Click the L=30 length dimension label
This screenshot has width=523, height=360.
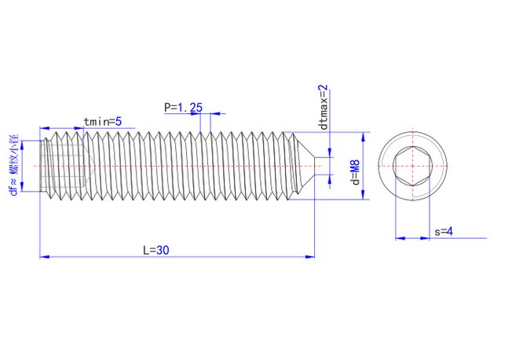[x=156, y=250]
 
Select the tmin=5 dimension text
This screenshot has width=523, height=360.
[x=102, y=121]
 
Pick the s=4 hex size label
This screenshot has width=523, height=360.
[x=443, y=231]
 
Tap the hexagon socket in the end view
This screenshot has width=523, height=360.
[x=411, y=166]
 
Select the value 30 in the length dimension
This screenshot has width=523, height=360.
[x=163, y=250]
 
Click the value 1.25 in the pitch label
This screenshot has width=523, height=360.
[x=190, y=107]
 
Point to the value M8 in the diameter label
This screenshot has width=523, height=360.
[x=354, y=167]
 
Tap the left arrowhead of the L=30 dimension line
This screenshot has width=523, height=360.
[x=44, y=256]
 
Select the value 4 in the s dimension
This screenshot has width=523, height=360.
[x=449, y=231]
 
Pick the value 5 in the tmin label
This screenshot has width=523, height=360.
[x=118, y=121]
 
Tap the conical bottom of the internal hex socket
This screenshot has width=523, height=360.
[x=91, y=166]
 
